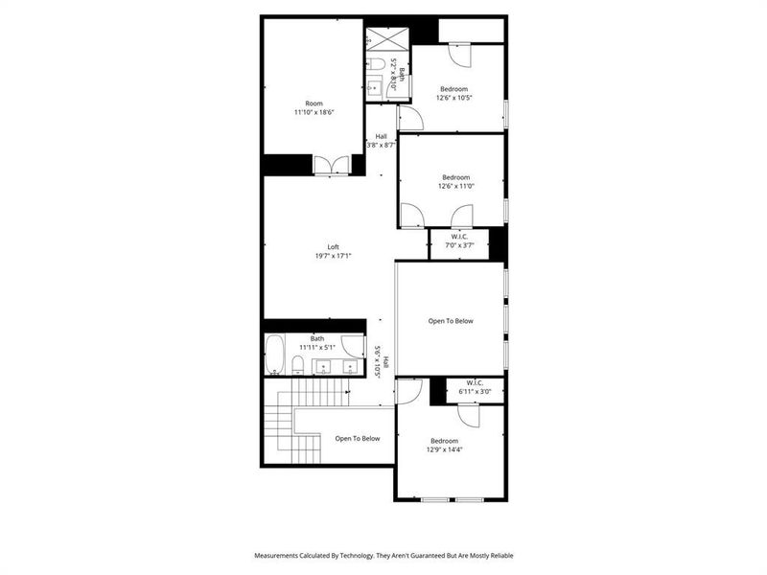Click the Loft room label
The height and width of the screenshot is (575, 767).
click(334, 246)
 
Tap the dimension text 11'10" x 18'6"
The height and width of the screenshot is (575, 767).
click(314, 112)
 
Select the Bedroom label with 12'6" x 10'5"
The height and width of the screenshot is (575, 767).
click(455, 89)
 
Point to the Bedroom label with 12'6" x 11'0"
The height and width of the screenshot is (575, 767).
click(456, 176)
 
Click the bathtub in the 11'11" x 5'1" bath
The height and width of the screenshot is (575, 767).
click(273, 355)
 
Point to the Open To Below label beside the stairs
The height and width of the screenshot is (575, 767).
click(358, 438)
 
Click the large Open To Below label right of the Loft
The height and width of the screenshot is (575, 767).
click(451, 321)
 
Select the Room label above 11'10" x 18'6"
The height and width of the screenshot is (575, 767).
click(314, 103)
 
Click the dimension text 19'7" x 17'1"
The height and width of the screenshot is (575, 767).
click(334, 256)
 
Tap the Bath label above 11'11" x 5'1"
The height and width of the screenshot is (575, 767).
click(317, 337)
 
